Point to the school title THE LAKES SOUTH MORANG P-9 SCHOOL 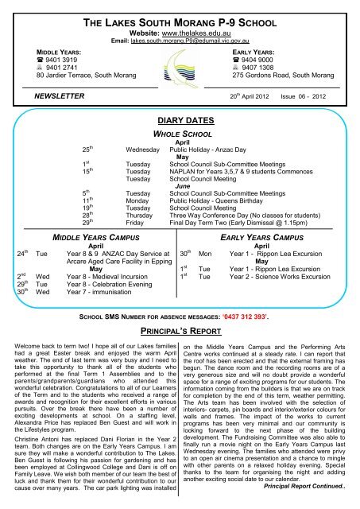coord(180,20)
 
